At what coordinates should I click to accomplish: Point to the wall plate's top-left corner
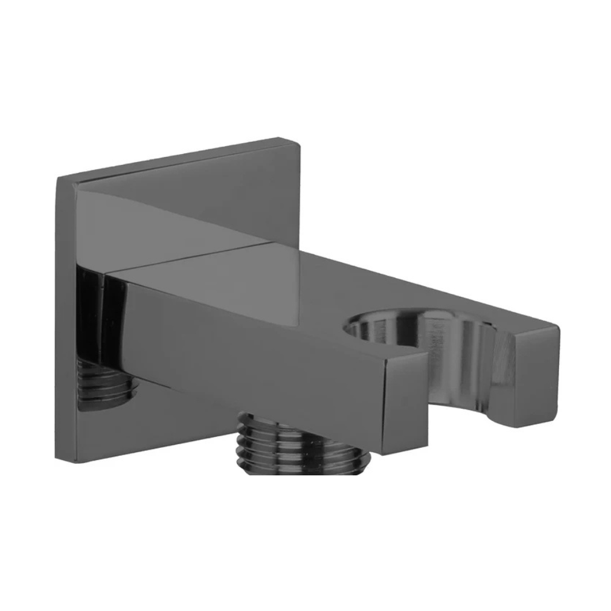[57, 177]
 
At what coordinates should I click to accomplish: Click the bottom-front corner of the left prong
[384, 455]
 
